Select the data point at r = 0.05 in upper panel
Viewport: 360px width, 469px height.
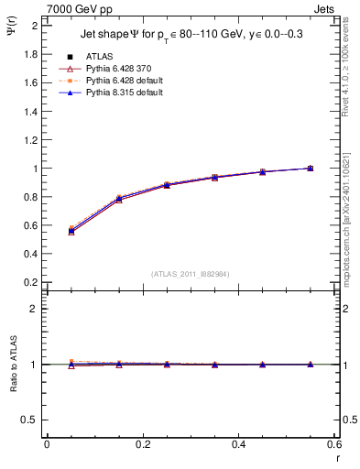pyautogui.click(x=71, y=231)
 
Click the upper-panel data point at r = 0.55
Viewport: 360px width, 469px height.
pyautogui.click(x=311, y=169)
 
